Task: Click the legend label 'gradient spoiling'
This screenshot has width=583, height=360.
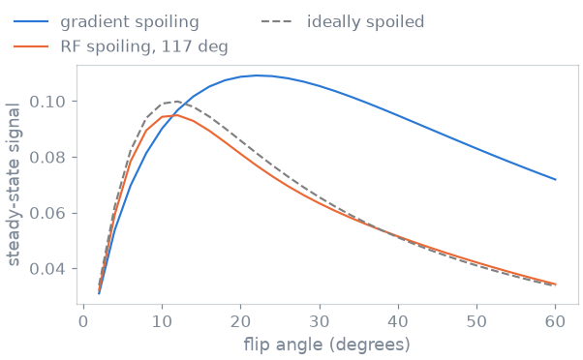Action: tap(130, 22)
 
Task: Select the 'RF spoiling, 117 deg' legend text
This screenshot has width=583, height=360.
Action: tap(144, 46)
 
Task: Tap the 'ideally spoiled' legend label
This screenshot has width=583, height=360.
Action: tap(365, 21)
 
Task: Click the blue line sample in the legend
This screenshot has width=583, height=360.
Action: tap(31, 21)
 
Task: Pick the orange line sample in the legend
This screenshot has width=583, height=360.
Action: tap(31, 46)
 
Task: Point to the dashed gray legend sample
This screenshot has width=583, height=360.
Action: tap(277, 21)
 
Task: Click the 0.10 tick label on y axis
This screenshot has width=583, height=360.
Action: tap(48, 102)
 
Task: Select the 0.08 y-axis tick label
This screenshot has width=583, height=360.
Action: tap(48, 157)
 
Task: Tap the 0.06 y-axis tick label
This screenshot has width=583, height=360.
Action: tap(48, 213)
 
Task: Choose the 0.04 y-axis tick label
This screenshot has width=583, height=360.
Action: tap(48, 269)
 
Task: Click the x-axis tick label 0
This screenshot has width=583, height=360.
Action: tap(83, 321)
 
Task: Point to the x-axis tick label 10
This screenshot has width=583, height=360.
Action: tap(162, 321)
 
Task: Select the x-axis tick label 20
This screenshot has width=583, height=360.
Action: tap(240, 321)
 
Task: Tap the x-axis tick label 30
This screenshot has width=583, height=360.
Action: tap(320, 321)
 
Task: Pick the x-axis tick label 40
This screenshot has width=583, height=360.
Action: tap(398, 321)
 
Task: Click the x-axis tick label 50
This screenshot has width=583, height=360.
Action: tap(476, 321)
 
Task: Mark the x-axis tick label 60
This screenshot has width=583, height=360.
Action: tap(555, 321)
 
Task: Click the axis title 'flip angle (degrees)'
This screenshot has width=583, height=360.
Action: tap(326, 345)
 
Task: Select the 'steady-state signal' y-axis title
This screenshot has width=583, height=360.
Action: tap(14, 185)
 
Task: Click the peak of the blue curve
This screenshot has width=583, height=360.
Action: tap(257, 75)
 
